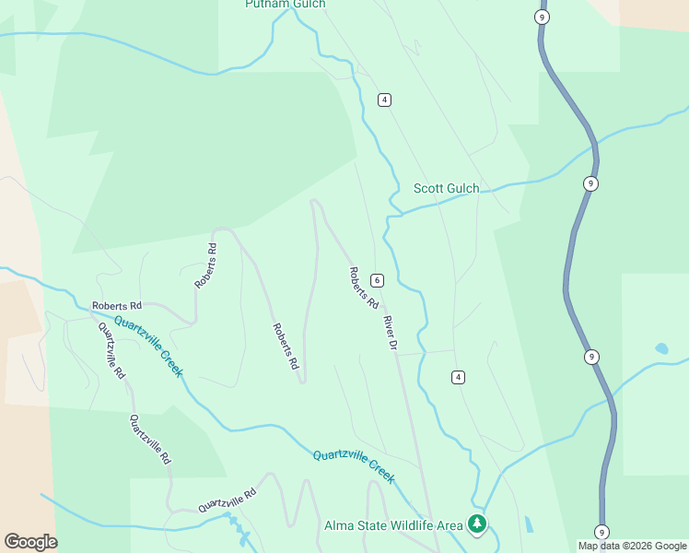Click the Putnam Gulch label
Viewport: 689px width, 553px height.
[286, 5]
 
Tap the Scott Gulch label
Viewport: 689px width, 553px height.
[446, 189]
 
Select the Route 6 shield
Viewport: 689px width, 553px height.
[377, 280]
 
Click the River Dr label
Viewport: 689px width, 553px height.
[390, 333]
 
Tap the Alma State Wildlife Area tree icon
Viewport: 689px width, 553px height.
[476, 524]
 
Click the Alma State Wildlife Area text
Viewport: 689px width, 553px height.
[393, 526]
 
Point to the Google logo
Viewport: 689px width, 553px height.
[30, 542]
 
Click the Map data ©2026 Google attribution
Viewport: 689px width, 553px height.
[632, 546]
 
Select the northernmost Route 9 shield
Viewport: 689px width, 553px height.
[543, 17]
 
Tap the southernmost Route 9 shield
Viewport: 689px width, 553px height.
[601, 532]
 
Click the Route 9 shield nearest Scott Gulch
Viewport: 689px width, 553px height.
[590, 183]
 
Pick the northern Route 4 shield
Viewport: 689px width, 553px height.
[384, 100]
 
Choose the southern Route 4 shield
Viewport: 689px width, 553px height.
[458, 377]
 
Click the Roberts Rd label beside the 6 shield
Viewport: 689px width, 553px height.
[364, 288]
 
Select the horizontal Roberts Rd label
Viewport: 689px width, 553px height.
[117, 305]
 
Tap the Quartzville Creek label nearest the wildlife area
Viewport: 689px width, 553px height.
[354, 466]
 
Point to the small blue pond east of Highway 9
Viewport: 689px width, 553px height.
[660, 349]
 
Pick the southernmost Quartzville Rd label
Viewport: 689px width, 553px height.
[227, 501]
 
